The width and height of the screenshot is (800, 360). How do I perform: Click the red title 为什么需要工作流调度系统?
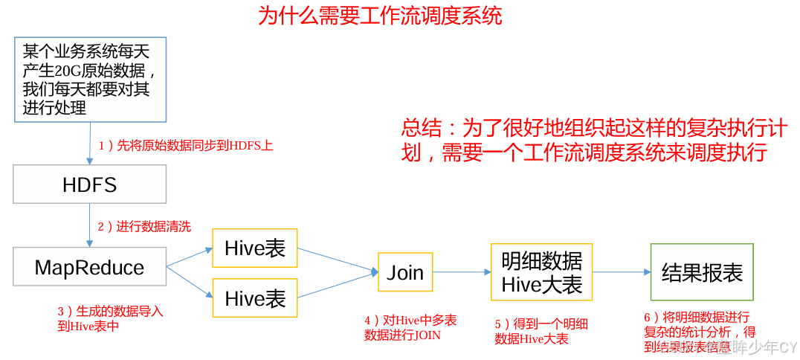(380, 16)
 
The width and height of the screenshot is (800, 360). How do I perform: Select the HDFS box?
(89, 184)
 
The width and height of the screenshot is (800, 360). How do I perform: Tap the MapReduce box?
(89, 267)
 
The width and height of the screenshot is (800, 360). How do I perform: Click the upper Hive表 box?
(255, 248)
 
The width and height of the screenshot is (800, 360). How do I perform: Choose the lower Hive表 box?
(255, 298)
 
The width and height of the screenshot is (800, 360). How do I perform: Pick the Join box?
(405, 272)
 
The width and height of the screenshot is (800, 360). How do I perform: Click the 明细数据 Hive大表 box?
(541, 272)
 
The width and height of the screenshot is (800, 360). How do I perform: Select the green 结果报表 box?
(702, 272)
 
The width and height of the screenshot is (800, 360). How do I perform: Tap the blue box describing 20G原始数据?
(89, 79)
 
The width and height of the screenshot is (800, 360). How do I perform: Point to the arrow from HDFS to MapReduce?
(90, 225)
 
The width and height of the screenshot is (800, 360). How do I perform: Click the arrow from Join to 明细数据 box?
(462, 272)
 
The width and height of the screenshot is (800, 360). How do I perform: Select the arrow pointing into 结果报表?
(622, 272)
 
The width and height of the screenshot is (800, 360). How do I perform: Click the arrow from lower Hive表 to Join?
(338, 285)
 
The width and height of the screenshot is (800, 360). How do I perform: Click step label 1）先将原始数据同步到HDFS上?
(186, 146)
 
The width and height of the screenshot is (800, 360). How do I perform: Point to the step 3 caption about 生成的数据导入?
(110, 318)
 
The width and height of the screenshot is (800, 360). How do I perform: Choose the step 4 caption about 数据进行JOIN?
(410, 328)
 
